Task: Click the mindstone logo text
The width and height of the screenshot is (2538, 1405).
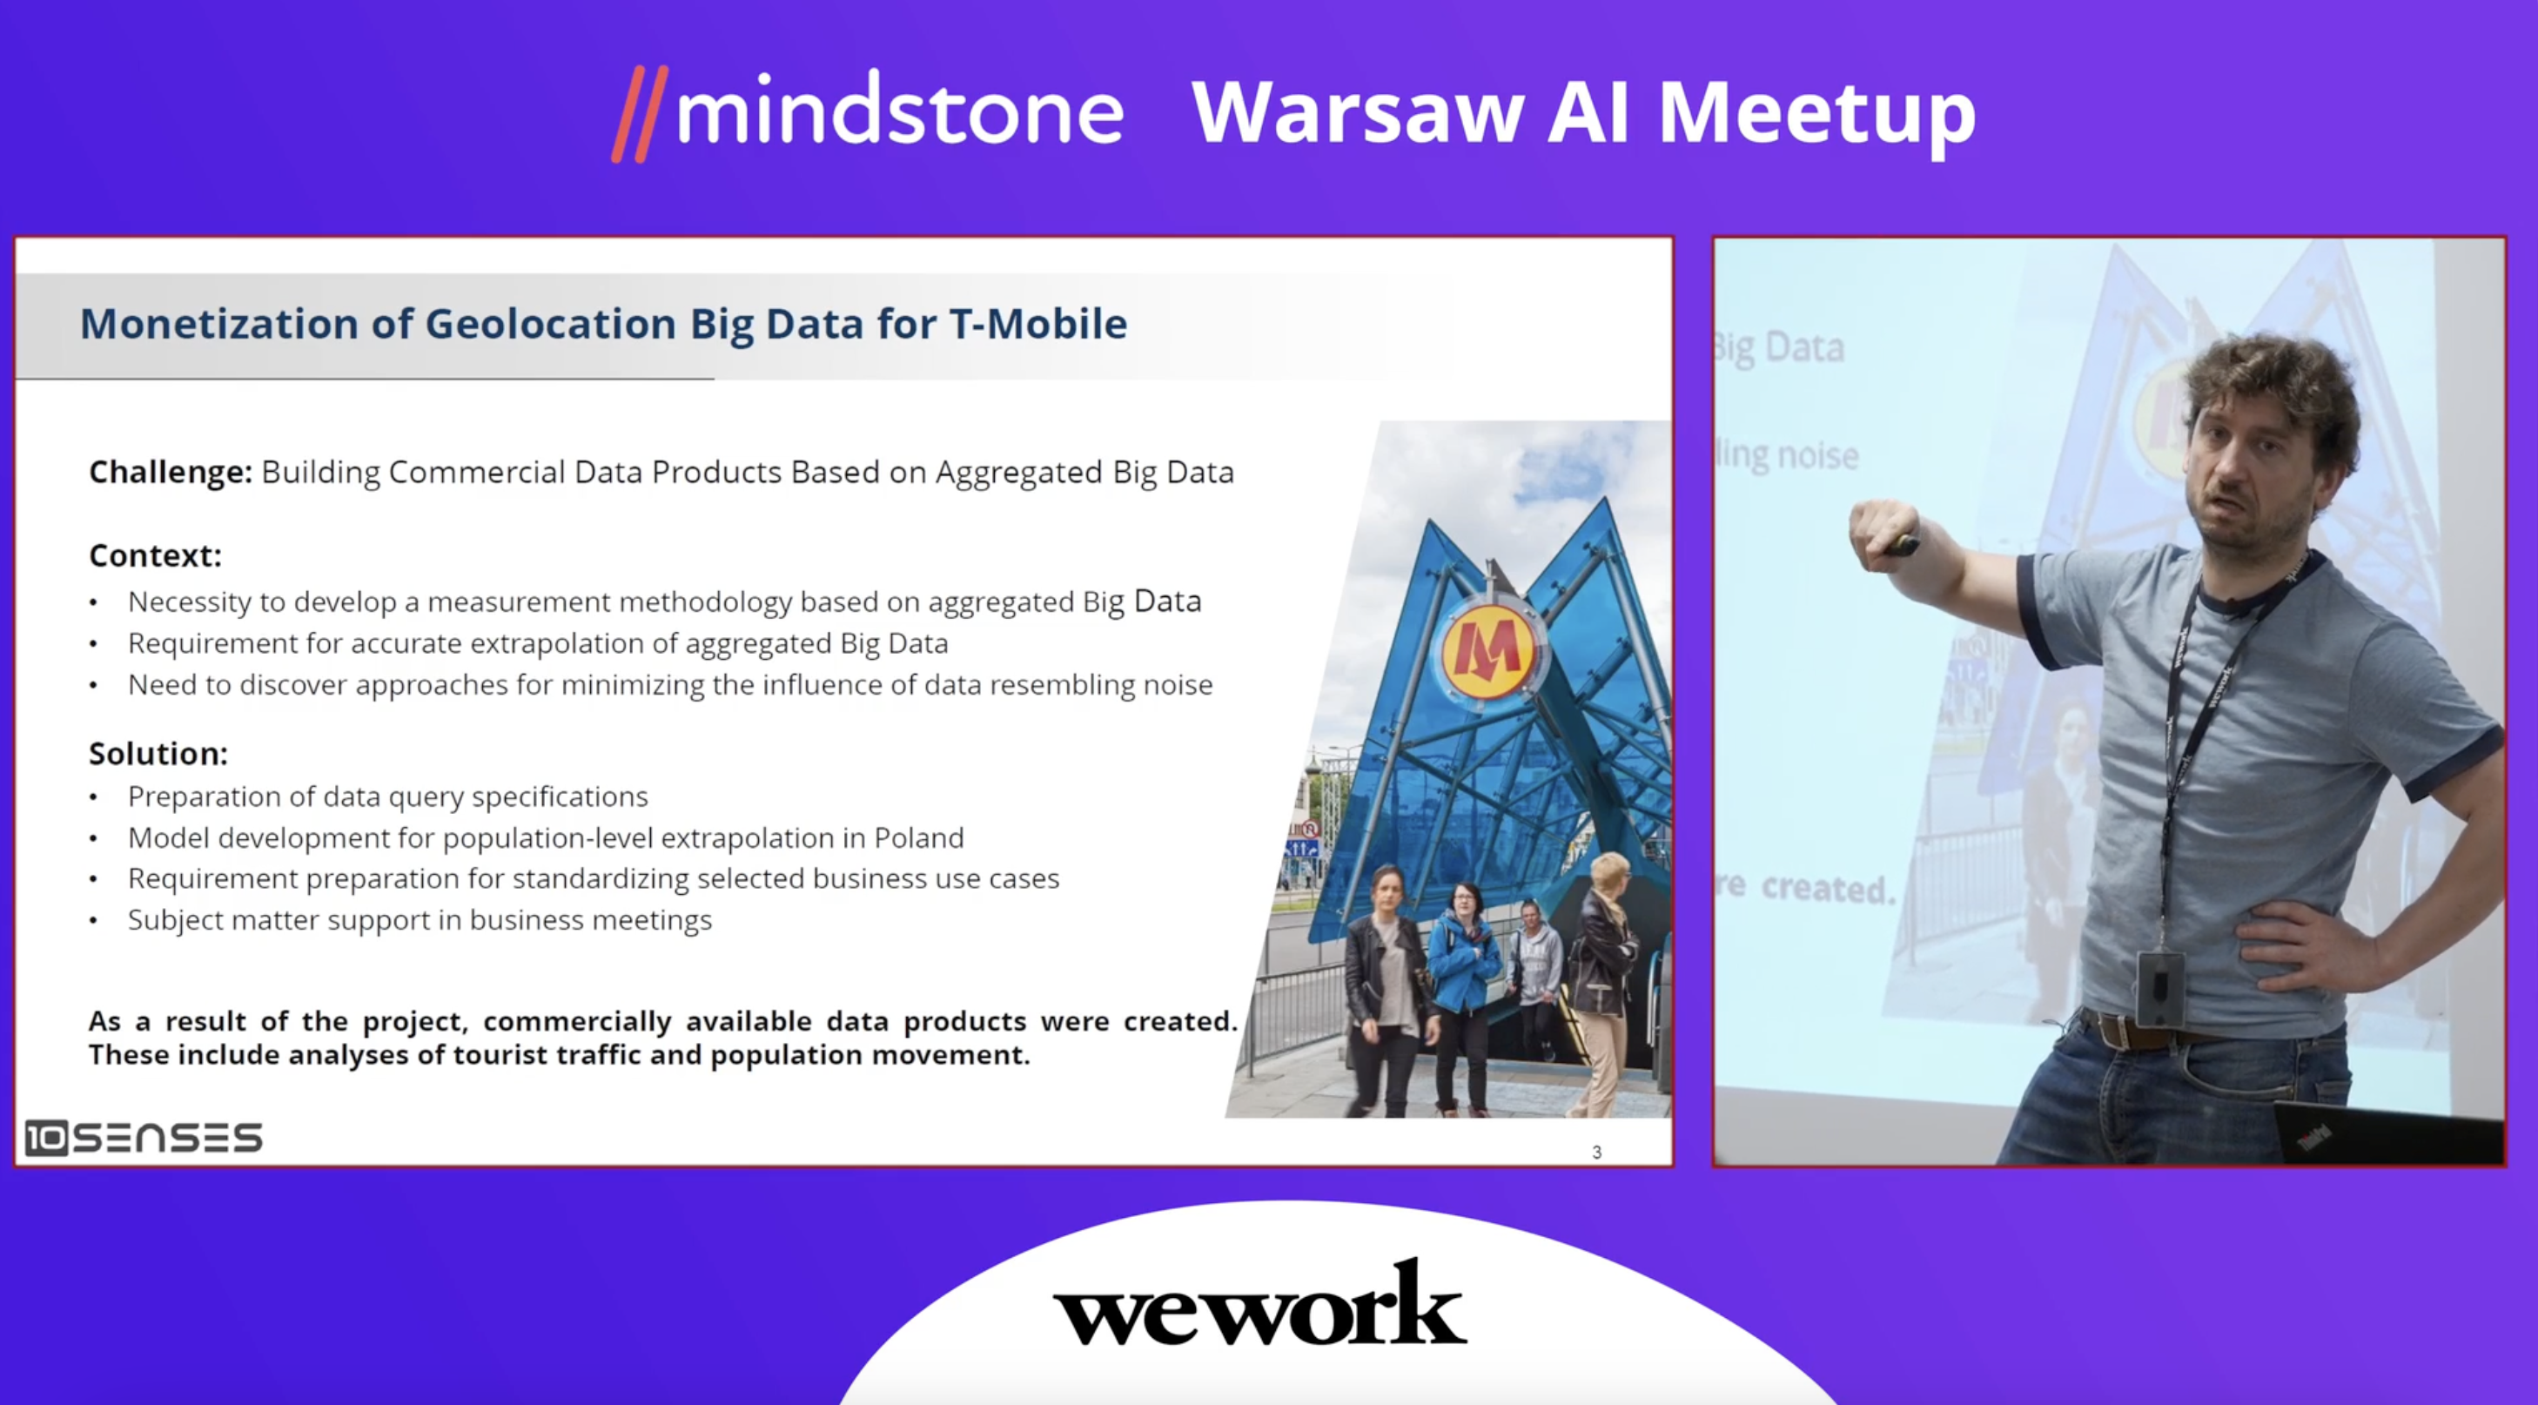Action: [x=898, y=111]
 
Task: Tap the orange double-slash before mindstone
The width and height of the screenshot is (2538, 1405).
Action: [x=640, y=113]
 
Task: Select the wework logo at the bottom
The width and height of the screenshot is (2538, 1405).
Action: [x=1260, y=1301]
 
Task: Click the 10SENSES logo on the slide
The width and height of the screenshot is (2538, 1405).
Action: [x=144, y=1138]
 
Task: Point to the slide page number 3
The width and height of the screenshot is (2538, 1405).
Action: [x=1596, y=1152]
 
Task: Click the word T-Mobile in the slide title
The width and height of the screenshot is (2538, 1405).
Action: [x=1037, y=324]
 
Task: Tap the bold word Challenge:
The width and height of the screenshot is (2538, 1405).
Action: [x=171, y=473]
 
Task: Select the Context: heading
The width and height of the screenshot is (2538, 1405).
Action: [x=156, y=555]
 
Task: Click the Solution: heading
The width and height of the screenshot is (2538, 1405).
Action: [x=158, y=754]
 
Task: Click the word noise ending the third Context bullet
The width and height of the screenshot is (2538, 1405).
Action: [x=1178, y=685]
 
